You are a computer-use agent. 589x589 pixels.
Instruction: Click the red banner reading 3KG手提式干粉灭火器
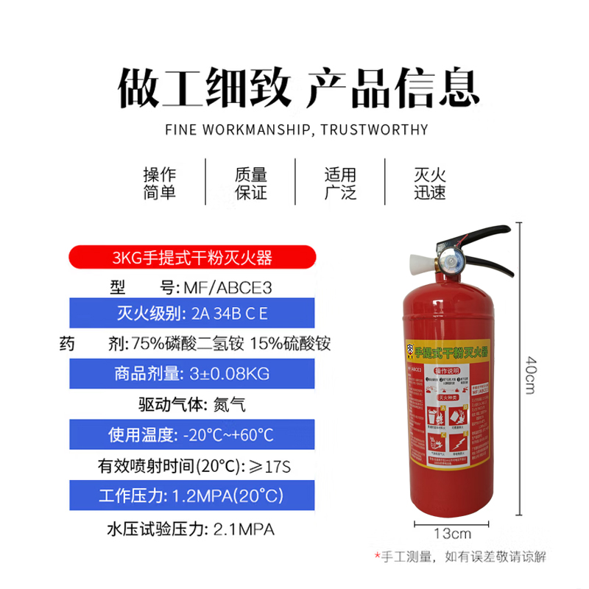tap(192, 258)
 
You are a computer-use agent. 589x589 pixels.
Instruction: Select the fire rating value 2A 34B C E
tap(228, 315)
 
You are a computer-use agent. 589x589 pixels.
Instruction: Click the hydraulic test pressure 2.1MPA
tap(244, 529)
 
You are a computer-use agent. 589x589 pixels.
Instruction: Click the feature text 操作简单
tap(160, 184)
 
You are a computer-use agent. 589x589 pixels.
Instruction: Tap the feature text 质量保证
tap(250, 184)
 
